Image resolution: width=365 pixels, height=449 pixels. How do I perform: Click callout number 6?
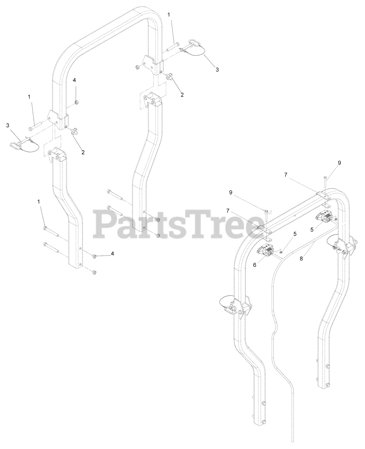(255, 265)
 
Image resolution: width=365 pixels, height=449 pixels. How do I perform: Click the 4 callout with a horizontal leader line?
(112, 253)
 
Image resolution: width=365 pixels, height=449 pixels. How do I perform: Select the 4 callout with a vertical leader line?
(74, 80)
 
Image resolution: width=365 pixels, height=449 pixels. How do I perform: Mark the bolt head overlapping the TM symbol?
(266, 211)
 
